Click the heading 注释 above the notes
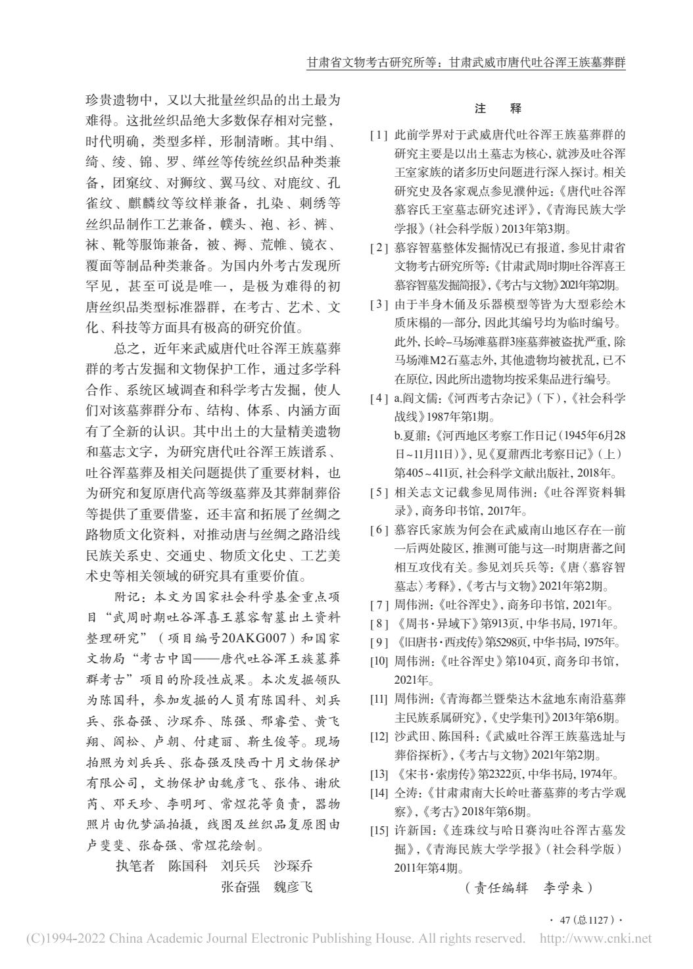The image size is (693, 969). [x=497, y=108]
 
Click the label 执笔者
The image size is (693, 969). [x=135, y=865]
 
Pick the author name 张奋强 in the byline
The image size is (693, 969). [x=240, y=887]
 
